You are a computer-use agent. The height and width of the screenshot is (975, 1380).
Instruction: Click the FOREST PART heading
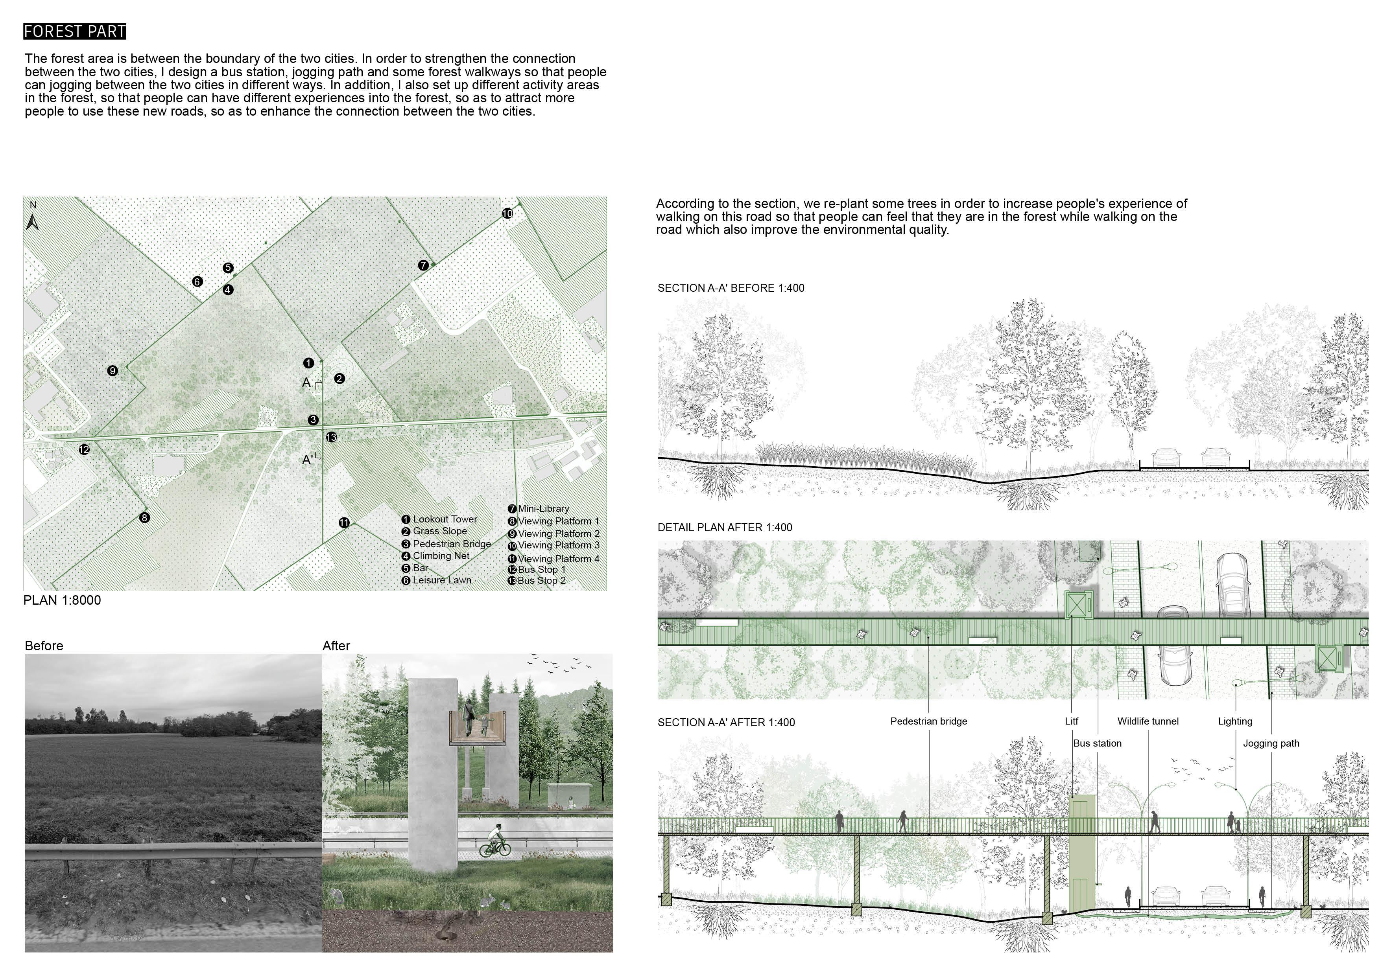tap(74, 31)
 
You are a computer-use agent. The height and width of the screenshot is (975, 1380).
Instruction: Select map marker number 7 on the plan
tap(423, 265)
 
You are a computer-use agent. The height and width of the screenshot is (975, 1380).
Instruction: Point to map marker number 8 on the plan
tap(144, 517)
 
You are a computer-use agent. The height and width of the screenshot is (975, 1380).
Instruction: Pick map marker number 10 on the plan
tap(507, 213)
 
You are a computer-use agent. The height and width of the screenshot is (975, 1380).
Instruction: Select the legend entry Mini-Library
tap(543, 508)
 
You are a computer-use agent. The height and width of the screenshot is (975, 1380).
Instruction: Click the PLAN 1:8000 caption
tap(62, 600)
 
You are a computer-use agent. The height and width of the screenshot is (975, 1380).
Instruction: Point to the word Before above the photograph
tap(44, 646)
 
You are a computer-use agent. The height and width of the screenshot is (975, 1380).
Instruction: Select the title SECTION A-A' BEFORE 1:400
tap(730, 288)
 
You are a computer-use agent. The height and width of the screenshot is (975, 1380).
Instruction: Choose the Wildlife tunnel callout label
tap(1148, 721)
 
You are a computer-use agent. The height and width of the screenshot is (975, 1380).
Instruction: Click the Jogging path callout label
tap(1271, 744)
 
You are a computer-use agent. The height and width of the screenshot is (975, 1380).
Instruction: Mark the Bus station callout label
tap(1097, 744)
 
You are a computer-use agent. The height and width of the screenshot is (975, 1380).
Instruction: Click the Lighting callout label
tap(1234, 721)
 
